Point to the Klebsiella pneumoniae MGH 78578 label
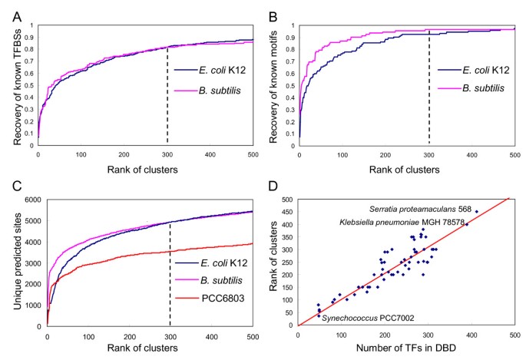(x=400, y=223)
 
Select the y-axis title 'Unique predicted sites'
(x=10, y=261)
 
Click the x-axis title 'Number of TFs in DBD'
(x=405, y=351)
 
